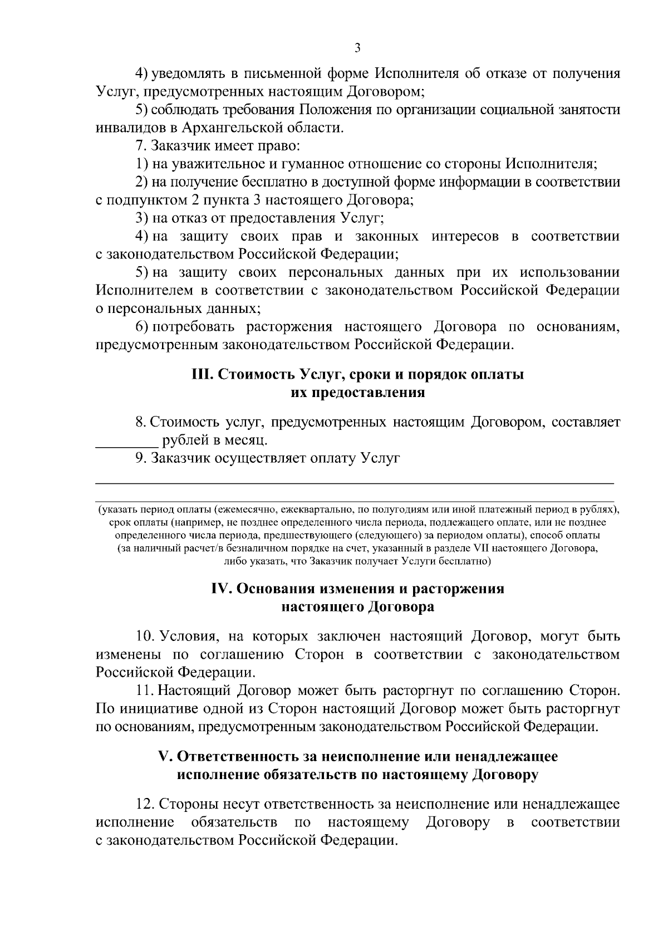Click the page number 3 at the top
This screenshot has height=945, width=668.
(x=357, y=48)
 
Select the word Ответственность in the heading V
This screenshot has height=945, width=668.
(x=240, y=757)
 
